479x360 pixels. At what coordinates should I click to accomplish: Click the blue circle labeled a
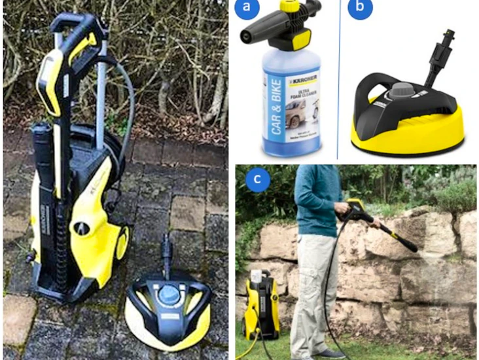246,7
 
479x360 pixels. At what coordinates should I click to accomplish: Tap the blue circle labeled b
359,8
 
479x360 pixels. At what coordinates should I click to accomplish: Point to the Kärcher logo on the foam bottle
303,80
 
